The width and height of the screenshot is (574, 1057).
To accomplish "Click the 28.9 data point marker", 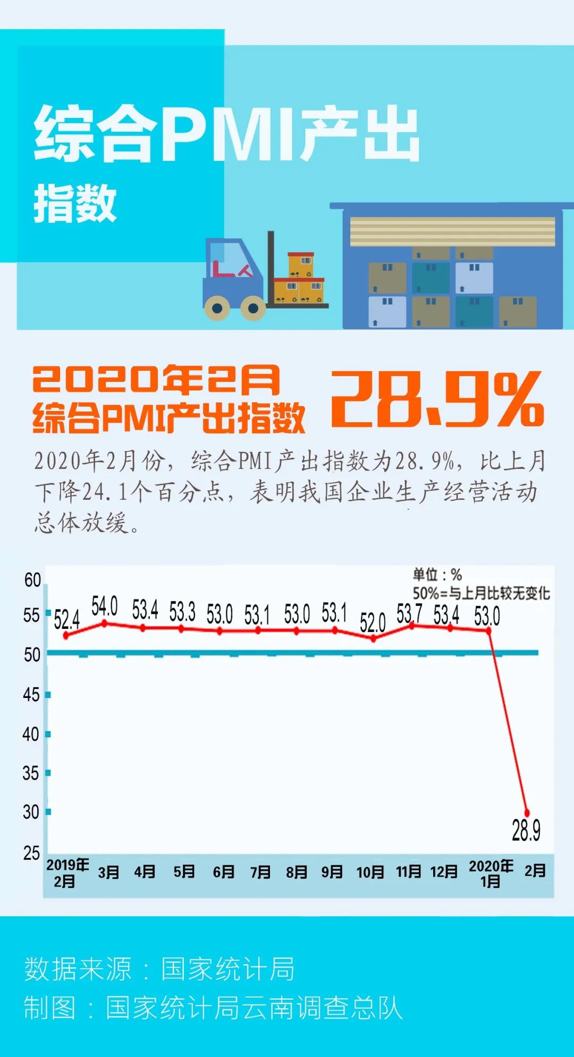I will point(527,813).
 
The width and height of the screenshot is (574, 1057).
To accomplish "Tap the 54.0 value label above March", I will point(104,606).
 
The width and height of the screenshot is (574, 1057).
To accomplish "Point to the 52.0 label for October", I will point(372,623).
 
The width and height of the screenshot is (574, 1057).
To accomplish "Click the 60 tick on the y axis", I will point(32,580).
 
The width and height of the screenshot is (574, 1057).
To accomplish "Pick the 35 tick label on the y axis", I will point(31,773).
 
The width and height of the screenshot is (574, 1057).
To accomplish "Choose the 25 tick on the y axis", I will point(31,853).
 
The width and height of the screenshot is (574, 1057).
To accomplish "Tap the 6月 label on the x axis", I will point(223,872).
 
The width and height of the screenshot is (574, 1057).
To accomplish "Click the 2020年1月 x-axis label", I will point(491,873).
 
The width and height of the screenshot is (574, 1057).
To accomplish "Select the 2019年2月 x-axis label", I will point(67,873).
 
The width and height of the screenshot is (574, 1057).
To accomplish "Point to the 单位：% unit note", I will point(437,575).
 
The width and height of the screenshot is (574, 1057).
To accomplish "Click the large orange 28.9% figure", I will point(437,398).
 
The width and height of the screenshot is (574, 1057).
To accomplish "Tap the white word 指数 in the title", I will point(75,203).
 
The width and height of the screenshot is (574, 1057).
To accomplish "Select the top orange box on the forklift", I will point(301,264).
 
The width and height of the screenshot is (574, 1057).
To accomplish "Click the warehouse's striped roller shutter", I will point(452,231).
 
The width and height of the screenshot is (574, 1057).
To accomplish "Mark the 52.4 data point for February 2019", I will point(66,635).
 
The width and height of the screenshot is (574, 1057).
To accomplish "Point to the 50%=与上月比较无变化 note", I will point(481,593).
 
